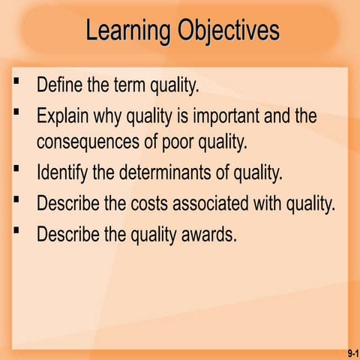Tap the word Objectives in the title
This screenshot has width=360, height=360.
[x=229, y=31]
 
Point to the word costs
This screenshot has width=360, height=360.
[x=154, y=203]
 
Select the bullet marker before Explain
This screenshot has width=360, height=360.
[x=16, y=112]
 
